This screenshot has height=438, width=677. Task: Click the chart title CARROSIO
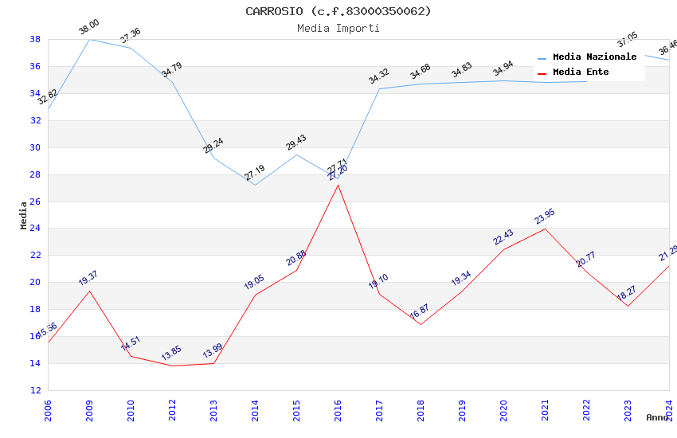[x=338, y=11]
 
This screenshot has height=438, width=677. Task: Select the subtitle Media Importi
[x=338, y=28]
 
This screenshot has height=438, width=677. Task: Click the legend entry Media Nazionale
[x=594, y=57]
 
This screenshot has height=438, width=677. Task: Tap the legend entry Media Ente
[x=581, y=72]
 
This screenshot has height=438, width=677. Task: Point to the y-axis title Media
[x=24, y=215]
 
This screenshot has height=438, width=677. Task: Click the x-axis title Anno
[x=656, y=417]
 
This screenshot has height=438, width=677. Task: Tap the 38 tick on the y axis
[x=35, y=39]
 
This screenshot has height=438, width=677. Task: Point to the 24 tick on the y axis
[x=35, y=229]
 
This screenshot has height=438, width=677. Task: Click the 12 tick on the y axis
[x=35, y=390]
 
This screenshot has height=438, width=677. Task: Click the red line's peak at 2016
[x=338, y=185]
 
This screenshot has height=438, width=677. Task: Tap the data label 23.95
[x=545, y=216]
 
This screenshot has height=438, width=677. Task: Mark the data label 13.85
[x=171, y=353]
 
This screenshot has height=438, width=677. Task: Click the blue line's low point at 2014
[x=255, y=185]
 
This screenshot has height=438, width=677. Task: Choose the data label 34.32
[x=378, y=76]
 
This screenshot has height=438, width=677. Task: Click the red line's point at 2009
[x=89, y=291]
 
